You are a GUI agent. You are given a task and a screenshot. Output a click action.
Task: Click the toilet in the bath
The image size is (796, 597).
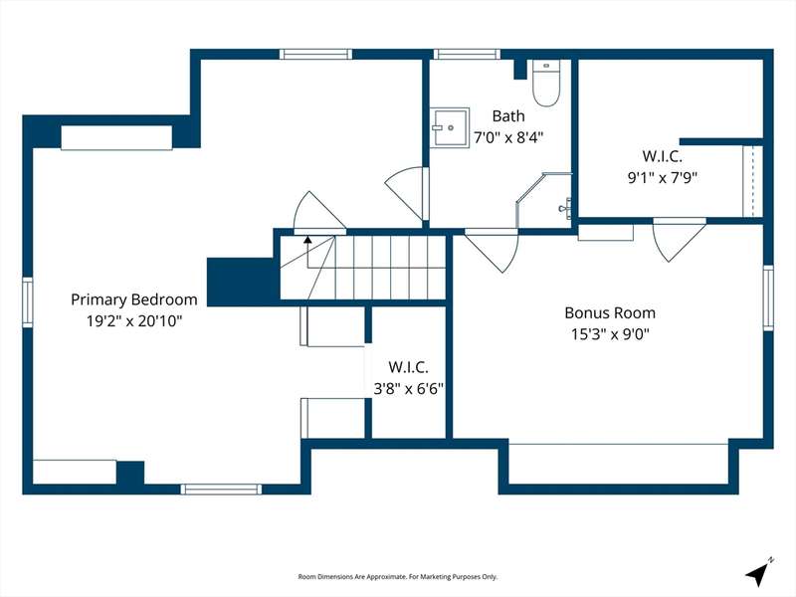point(545,83)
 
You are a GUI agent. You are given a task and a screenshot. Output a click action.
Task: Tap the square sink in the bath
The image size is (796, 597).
point(450,127)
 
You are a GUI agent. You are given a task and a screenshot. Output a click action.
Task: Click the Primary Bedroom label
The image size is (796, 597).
point(134,299)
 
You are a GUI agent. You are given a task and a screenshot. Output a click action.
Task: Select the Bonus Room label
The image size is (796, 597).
point(610,312)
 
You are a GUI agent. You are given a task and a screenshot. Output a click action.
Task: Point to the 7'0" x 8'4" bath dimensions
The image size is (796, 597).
point(508,137)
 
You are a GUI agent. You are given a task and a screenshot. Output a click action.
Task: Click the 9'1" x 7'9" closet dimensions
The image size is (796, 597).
point(663,178)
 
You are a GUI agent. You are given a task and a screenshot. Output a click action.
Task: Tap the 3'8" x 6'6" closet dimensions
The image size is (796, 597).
point(409,389)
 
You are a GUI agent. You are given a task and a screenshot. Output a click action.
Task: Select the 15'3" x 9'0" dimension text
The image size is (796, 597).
point(610,334)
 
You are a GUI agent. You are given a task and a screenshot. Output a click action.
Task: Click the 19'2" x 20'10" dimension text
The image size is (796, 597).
point(134,321)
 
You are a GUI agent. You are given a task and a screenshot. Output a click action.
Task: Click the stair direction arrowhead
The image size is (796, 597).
point(307,239)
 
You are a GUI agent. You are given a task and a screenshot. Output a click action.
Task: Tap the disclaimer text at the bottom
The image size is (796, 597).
point(397,577)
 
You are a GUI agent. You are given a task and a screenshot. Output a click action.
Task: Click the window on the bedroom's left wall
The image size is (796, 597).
point(28,302)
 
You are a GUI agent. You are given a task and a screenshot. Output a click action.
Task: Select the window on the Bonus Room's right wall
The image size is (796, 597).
point(768,298)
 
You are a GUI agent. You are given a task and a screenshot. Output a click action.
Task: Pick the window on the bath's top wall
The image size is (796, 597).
point(467,55)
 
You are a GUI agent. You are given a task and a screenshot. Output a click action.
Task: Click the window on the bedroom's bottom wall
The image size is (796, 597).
point(221,490)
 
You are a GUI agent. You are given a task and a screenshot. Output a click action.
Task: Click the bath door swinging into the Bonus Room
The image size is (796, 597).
point(492,251)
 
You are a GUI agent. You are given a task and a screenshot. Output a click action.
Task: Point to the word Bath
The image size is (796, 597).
point(508,115)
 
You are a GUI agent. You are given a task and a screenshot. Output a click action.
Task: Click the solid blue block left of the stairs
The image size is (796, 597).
point(244,283)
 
